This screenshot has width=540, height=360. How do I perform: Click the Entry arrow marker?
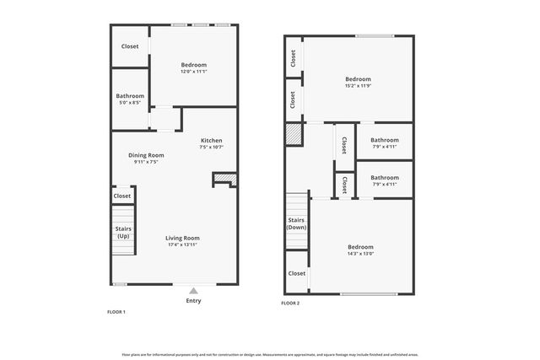[192, 290]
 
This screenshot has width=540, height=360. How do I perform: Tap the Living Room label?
[182, 238]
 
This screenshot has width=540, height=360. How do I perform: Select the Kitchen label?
[211, 140]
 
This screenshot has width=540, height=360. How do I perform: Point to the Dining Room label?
[146, 155]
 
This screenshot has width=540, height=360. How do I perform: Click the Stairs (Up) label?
[123, 232]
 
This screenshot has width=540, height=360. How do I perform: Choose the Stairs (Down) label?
[296, 223]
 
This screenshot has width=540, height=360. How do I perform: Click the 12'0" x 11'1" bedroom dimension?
[193, 72]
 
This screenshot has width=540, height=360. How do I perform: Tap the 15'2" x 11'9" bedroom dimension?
[359, 85]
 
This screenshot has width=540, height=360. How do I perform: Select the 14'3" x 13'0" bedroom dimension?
[359, 253]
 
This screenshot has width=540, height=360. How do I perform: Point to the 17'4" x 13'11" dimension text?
[182, 244]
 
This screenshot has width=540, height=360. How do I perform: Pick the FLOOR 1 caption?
[116, 312]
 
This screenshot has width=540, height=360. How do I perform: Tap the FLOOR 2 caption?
[290, 303]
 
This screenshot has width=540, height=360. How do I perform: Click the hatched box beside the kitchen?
[224, 179]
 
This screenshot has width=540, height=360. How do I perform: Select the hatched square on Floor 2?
[294, 135]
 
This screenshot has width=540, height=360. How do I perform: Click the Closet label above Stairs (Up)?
[122, 196]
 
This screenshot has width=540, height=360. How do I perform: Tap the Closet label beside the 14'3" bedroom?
[297, 273]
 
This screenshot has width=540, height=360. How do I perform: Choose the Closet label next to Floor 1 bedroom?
[130, 46]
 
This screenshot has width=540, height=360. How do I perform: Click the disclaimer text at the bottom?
[270, 354]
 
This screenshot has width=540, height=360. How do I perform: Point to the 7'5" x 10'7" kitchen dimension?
[211, 148]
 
